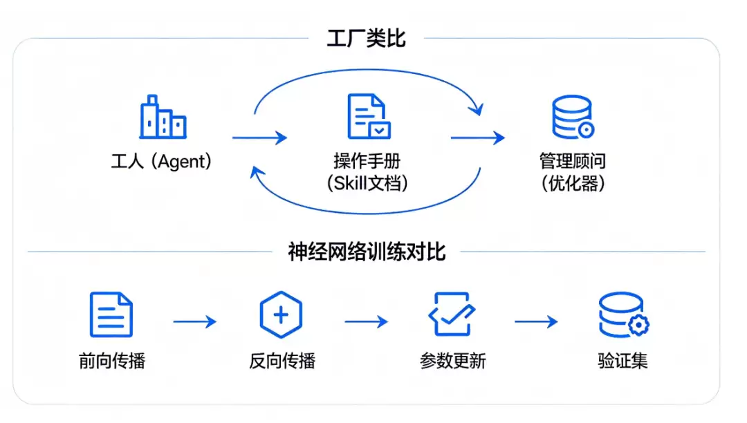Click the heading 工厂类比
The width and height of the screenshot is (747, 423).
366,38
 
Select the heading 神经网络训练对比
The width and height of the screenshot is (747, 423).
367,251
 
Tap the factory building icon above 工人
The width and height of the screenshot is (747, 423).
163,117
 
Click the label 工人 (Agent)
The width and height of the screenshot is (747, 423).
161,161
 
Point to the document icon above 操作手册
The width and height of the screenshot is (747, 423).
369,116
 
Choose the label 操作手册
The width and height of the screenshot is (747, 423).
367,161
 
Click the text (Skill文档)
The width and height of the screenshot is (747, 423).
367,182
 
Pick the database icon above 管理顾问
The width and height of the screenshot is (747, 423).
573,117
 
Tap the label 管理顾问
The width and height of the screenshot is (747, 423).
573,161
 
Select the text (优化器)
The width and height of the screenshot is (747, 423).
573,182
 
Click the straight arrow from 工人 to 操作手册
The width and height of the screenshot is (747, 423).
259,138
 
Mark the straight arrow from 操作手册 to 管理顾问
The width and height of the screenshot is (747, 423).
478,138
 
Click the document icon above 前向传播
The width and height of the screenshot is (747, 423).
111,314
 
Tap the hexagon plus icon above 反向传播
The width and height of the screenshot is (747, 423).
281,314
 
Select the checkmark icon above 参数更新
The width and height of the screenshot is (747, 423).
452,314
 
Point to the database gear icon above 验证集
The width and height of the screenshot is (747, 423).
624,314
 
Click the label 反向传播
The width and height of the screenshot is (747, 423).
282,361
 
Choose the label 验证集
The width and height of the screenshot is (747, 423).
622,361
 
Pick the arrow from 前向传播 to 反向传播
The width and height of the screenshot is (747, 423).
195,321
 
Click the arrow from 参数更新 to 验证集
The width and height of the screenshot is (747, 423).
537,321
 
